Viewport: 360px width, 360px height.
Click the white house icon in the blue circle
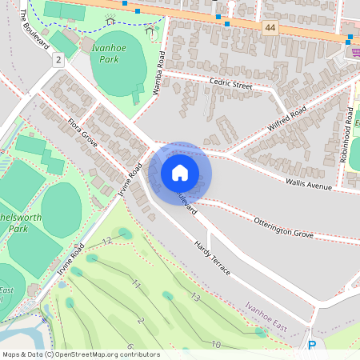pyautogui.click(x=180, y=173)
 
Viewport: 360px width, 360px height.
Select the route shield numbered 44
pyautogui.click(x=270, y=28)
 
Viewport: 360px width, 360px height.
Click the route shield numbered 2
pyautogui.click(x=58, y=61)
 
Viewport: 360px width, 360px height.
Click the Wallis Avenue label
pyautogui.click(x=308, y=185)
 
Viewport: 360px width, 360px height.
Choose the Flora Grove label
pyautogui.click(x=82, y=132)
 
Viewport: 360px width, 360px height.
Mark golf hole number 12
pyautogui.click(x=107, y=241)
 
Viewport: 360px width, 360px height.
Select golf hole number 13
pyautogui.click(x=194, y=297)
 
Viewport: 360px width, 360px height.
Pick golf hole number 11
pyautogui.click(x=136, y=284)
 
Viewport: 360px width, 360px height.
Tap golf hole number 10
pyautogui.click(x=216, y=343)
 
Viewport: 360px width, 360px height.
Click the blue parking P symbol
pyautogui.click(x=312, y=346)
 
